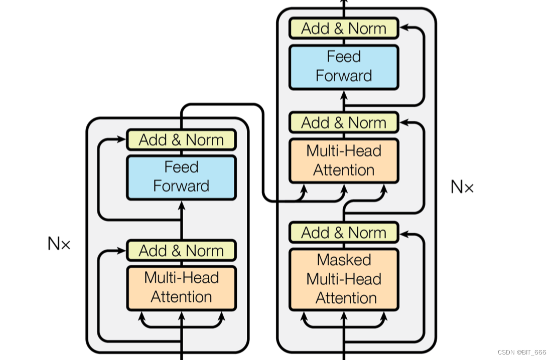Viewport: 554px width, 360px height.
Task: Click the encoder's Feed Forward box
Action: coord(181,177)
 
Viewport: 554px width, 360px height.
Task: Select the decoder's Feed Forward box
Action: coord(344,67)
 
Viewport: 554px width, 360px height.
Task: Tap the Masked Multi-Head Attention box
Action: coord(344,279)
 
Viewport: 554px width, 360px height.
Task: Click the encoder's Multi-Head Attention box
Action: coord(181,288)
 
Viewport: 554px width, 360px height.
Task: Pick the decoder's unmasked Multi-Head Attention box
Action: coord(344,160)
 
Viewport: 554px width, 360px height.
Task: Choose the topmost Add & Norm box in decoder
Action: coord(344,29)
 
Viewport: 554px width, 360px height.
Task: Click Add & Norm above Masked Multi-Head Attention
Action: coord(344,233)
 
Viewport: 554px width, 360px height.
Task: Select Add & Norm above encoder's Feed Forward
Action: coord(181,140)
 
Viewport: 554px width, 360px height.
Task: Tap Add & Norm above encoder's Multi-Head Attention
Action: coord(181,250)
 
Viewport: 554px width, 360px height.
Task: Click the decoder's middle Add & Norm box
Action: coord(344,122)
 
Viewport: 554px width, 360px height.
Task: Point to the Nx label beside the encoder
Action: coord(59,244)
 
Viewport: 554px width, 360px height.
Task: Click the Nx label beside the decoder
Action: coord(462,187)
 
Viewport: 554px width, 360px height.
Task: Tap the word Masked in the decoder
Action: coord(344,260)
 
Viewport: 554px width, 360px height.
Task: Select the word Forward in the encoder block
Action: coord(181,186)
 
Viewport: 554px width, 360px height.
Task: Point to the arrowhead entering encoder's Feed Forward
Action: coord(181,203)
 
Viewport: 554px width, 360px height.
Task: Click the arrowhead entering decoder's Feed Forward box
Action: coord(344,94)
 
